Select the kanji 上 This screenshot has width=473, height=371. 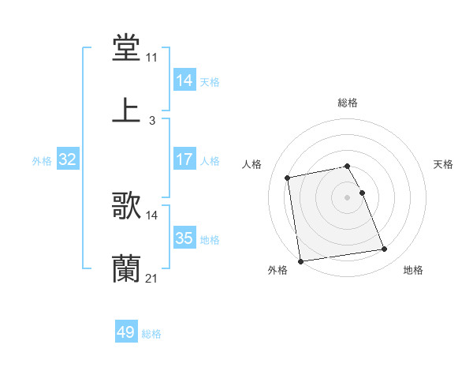(x=127, y=111)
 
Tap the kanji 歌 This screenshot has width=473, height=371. (x=127, y=206)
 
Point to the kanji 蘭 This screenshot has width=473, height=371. (x=127, y=268)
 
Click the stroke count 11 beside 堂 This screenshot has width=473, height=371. (x=151, y=58)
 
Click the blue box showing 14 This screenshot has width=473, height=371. (x=184, y=81)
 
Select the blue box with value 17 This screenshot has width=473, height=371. (x=184, y=159)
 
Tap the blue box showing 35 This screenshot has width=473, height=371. (x=184, y=238)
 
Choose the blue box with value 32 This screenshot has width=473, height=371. (x=68, y=160)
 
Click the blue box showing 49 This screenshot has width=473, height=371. (x=126, y=332)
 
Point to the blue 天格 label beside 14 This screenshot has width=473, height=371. (x=210, y=82)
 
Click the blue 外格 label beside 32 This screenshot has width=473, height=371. (x=42, y=161)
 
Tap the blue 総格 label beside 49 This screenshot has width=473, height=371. (x=151, y=334)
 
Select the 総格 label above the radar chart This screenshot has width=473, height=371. (x=348, y=103)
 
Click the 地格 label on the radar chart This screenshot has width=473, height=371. (x=413, y=271)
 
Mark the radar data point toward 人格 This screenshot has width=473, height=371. (x=288, y=177)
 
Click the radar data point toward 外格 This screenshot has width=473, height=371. (x=300, y=261)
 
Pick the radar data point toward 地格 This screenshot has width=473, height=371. (x=385, y=249)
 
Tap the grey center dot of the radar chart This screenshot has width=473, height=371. (x=348, y=197)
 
